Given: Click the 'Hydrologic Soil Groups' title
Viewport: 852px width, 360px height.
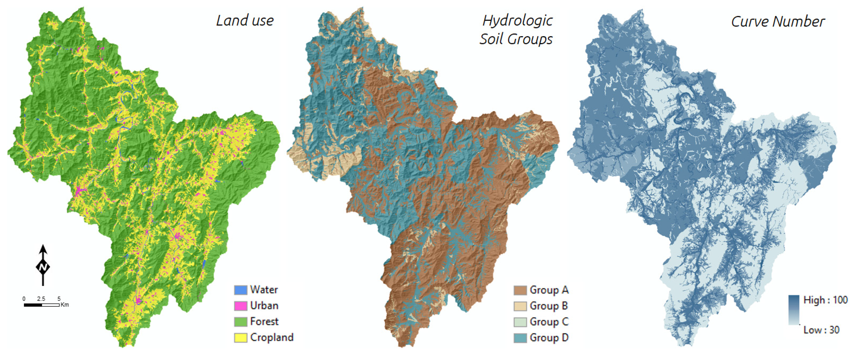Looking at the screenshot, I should coord(516,30).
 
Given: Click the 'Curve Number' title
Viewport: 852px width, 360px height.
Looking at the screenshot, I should coord(778,22).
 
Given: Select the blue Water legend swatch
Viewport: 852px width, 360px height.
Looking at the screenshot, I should coord(241,290).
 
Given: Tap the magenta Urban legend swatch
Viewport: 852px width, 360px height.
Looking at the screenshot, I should coord(241,306).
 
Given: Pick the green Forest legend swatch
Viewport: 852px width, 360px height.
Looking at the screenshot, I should coord(241,322).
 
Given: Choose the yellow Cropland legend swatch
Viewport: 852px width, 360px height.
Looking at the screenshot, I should coord(241,337).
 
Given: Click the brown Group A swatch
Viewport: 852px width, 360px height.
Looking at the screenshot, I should coord(520,290).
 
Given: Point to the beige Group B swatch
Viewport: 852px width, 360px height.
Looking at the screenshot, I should coord(520,306).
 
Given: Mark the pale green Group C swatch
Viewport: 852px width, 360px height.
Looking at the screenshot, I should coord(520,322).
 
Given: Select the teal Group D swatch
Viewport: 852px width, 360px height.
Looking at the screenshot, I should coord(520,338).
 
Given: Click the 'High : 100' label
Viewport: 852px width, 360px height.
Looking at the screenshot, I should coord(825,300).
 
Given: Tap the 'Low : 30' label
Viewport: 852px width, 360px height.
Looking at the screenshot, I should coord(821,330).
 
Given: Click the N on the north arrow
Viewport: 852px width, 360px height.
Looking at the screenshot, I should coord(43,267).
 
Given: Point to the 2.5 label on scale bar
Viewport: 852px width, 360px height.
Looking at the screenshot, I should coord(41,299).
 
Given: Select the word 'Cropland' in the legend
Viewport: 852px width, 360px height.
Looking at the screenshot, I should coord(272,337).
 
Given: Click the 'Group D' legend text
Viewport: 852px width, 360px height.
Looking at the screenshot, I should coord(549,338).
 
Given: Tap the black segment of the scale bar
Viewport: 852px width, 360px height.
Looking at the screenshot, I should coord(33,305).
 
